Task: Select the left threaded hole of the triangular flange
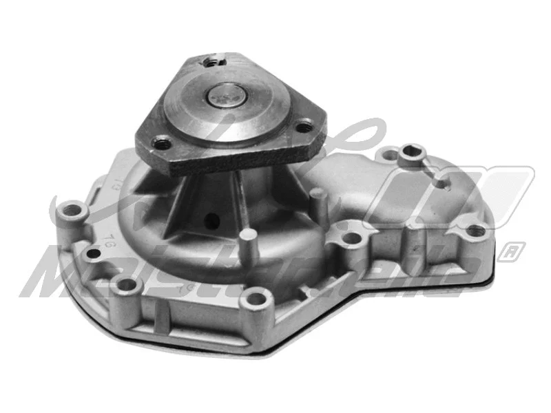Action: (163, 145)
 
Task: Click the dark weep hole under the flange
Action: (212, 222)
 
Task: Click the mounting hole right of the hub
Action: (352, 239)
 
